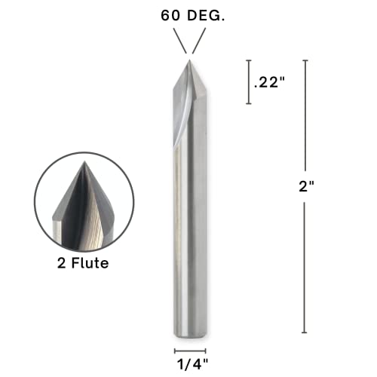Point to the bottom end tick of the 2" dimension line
[305, 333]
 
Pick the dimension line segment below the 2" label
[305, 264]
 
